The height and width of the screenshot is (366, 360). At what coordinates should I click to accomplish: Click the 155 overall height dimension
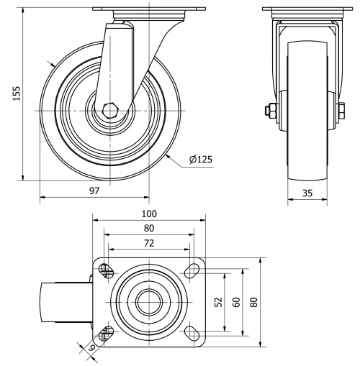17,93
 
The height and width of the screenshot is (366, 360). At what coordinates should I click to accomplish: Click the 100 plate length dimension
149,214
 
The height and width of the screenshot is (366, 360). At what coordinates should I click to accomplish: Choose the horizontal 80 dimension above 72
149,229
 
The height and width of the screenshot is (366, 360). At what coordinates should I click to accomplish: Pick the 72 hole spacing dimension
149,244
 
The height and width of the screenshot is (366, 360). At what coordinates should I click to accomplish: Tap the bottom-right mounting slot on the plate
192,331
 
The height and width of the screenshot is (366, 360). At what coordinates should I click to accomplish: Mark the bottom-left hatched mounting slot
107,332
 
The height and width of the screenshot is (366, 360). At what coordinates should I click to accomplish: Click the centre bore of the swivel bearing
149,301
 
